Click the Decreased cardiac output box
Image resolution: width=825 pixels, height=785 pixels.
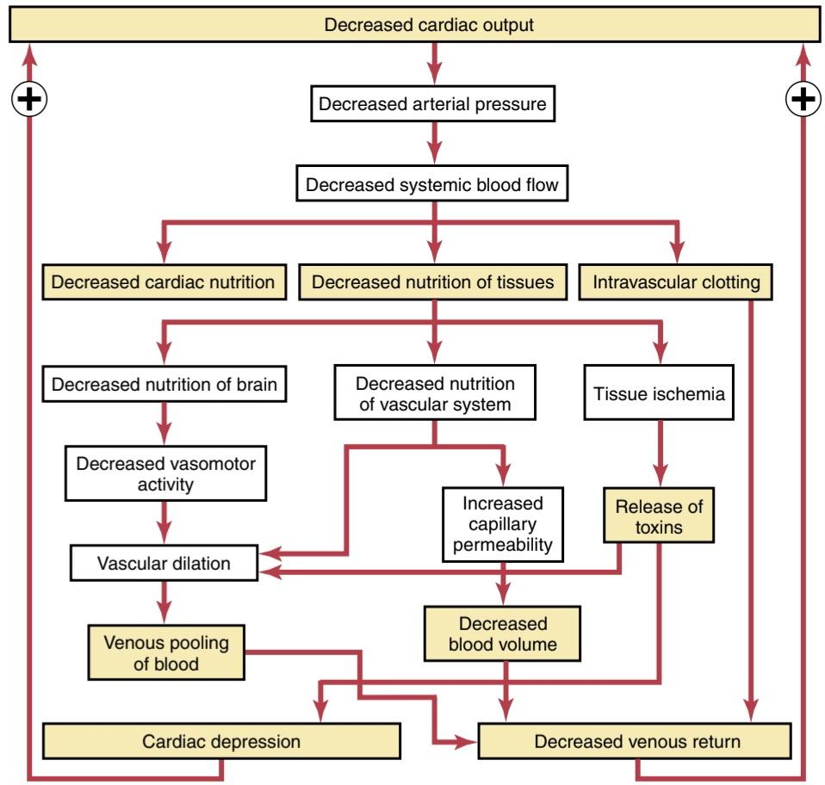click(414, 24)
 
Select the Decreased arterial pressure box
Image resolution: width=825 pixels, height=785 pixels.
click(432, 103)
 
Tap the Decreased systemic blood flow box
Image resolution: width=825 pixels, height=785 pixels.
click(432, 184)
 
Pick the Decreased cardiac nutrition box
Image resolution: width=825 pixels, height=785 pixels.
click(164, 281)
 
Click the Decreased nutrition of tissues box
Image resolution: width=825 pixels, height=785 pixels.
click(432, 281)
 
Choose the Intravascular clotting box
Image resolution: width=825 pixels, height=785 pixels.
click(675, 281)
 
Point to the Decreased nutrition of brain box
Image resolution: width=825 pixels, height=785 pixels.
click(164, 384)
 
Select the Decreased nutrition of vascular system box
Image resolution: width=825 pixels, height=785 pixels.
click(435, 392)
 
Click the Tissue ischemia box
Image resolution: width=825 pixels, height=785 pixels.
click(659, 392)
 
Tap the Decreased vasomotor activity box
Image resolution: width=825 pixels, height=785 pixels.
click(165, 473)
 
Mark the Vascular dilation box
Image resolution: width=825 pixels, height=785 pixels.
click(164, 563)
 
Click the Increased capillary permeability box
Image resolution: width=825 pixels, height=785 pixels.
click(503, 524)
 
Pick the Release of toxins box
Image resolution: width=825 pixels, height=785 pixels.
click(659, 516)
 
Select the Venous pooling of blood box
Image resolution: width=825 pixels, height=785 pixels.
click(166, 652)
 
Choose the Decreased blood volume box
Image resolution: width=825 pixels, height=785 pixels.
click(502, 634)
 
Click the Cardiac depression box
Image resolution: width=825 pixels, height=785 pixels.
click(221, 741)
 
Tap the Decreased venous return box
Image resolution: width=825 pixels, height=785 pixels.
click(635, 741)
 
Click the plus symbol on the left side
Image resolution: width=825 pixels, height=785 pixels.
click(29, 99)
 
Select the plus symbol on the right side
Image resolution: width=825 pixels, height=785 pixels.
click(803, 99)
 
